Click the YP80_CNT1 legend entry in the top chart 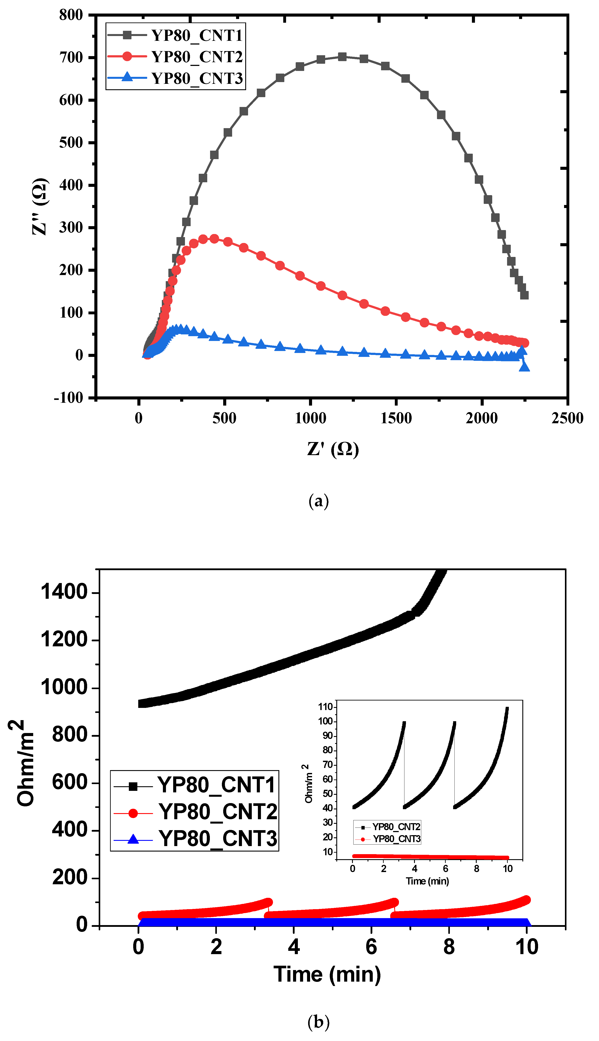197,35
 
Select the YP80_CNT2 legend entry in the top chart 197,57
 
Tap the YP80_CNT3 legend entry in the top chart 197,78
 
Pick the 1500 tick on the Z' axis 396,418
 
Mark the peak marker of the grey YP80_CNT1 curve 342,57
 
